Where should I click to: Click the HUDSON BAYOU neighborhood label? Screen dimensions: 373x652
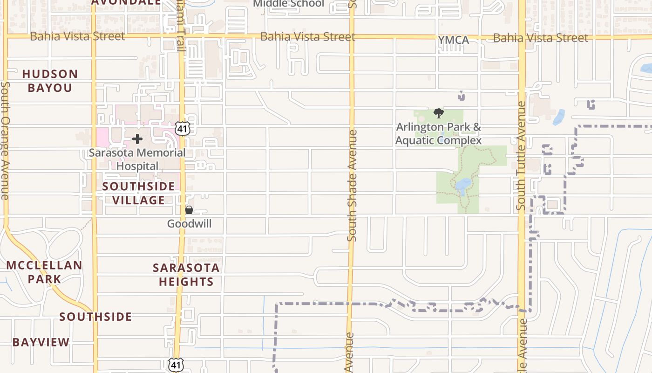50,81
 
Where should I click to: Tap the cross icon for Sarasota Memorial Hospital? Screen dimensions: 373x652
137,139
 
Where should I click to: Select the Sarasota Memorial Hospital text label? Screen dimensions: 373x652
137,159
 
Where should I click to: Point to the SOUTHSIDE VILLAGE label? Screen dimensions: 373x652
138,193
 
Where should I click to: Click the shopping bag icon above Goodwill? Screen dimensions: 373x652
189,210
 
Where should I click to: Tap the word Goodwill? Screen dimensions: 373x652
189,224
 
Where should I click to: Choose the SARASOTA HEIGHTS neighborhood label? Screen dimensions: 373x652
186,275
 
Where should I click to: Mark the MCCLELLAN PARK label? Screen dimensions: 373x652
44,272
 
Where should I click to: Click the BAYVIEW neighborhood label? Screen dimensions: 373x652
41,342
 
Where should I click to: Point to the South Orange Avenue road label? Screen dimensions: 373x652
5,141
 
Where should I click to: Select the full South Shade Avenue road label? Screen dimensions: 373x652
352,185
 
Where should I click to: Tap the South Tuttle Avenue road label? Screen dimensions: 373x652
522,155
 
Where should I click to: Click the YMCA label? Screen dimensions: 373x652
453,41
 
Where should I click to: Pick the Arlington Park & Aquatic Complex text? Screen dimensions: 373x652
438,133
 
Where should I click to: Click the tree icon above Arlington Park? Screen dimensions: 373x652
438,113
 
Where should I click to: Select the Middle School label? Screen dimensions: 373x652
288,4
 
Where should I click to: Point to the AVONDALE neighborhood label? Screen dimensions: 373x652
126,2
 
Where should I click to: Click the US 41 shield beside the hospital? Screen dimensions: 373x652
182,129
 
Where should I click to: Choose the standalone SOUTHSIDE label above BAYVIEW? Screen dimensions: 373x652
95,317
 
